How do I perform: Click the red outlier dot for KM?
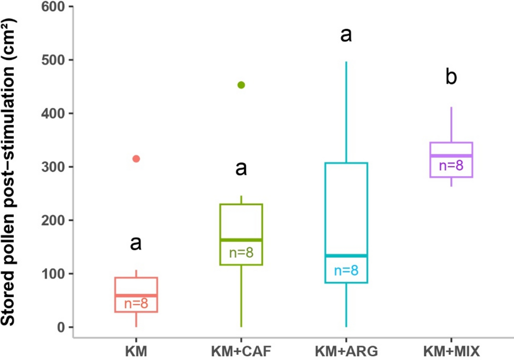(x=136, y=159)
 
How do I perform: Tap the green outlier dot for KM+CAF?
(x=241, y=85)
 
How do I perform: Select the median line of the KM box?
(x=136, y=295)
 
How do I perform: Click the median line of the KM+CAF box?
(x=241, y=240)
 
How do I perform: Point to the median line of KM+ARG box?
(x=346, y=255)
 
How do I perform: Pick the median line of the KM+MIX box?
(x=451, y=156)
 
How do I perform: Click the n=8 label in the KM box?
(x=136, y=303)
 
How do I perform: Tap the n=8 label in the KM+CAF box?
(x=241, y=253)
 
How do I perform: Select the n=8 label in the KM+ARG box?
(x=346, y=270)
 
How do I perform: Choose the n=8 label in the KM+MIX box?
(x=451, y=166)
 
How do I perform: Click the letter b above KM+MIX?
(x=451, y=77)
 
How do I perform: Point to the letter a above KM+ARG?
(x=346, y=35)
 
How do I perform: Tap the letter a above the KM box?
(x=136, y=243)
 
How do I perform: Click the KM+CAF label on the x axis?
(x=241, y=351)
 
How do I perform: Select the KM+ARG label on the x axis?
(x=346, y=351)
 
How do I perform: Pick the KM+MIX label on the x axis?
(x=451, y=351)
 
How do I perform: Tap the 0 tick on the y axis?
(x=61, y=327)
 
